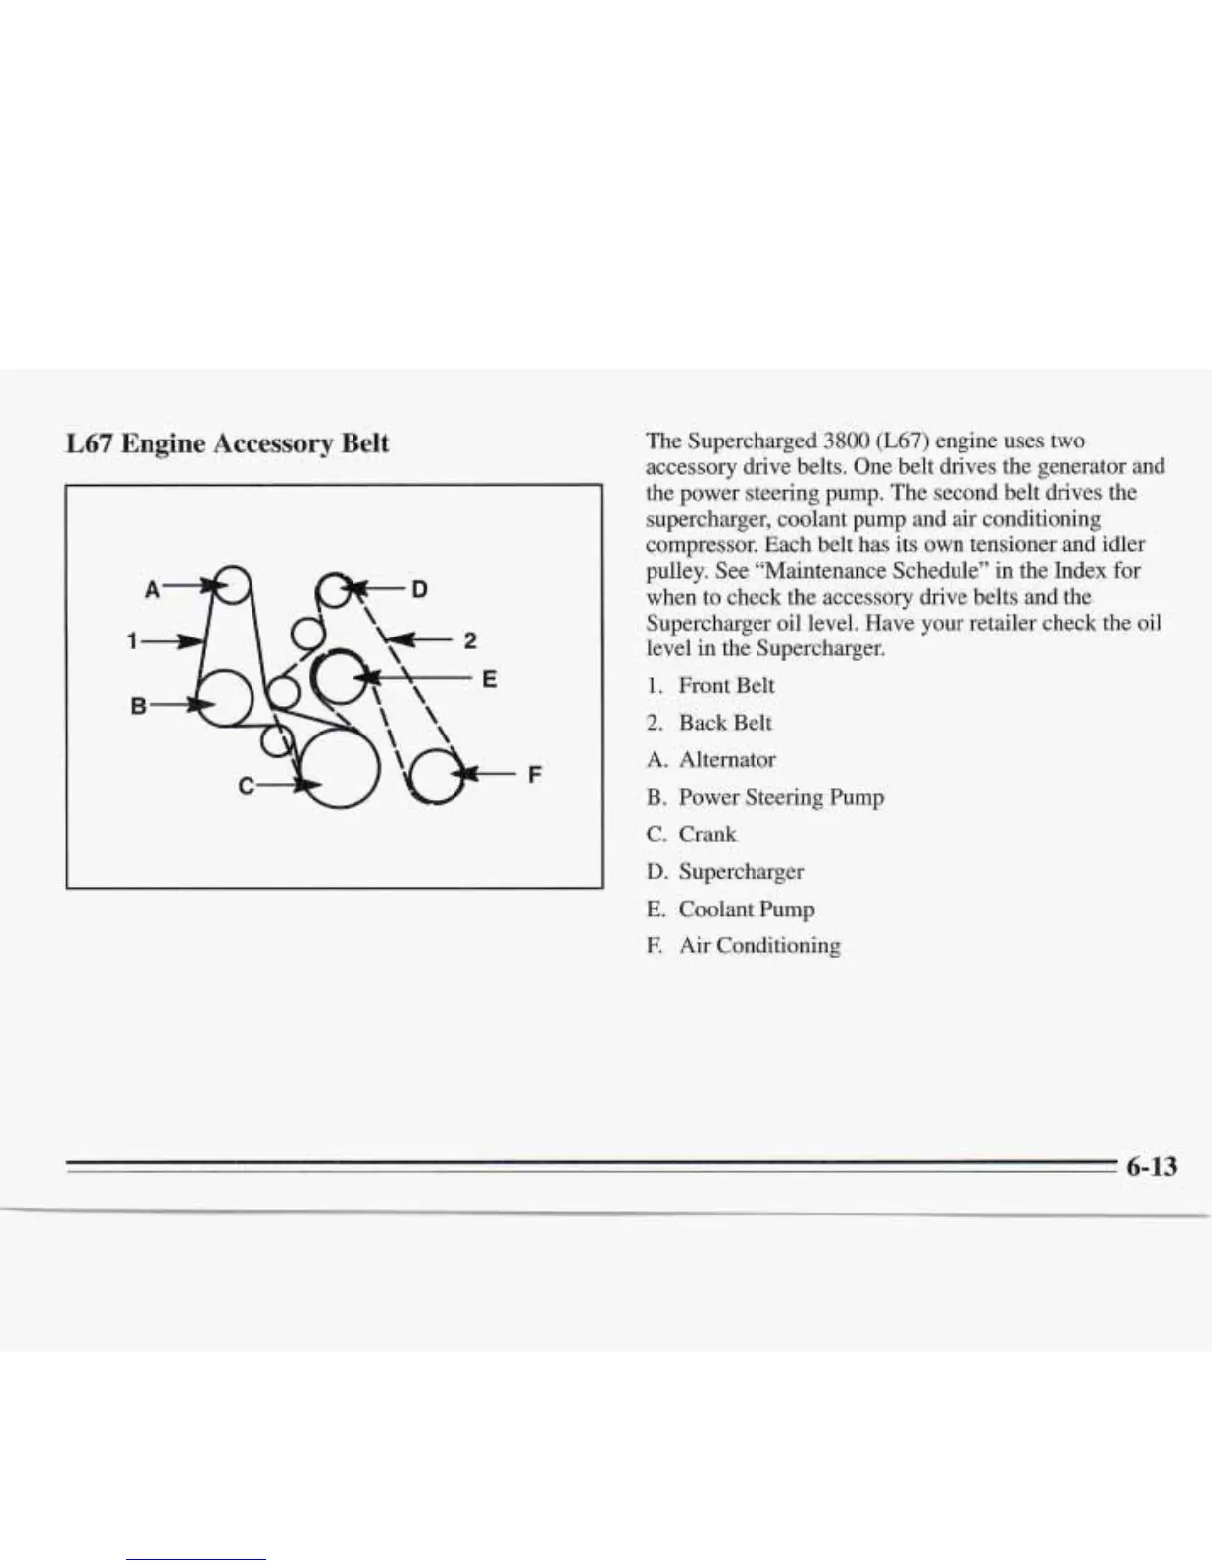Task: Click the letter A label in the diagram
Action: point(151,589)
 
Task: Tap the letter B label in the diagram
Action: point(139,707)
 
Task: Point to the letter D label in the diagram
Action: point(419,590)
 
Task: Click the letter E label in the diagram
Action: point(489,680)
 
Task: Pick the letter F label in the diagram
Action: point(534,774)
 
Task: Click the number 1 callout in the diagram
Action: point(132,640)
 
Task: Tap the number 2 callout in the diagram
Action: point(469,640)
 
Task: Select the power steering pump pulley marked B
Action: point(225,697)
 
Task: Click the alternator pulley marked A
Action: point(233,583)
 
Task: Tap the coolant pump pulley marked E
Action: point(340,678)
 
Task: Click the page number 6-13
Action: point(1151,1167)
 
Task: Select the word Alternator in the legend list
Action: point(727,760)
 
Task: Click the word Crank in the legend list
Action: point(707,834)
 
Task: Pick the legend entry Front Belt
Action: point(726,686)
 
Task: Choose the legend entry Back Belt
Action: point(725,723)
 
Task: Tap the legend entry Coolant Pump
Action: point(746,909)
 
